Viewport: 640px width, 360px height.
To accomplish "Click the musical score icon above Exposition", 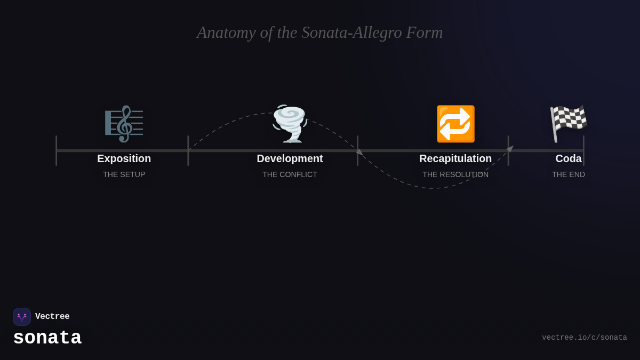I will [x=124, y=124].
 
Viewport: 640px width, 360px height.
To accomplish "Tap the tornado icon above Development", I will [x=290, y=124].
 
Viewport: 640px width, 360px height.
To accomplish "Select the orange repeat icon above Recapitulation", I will [x=455, y=124].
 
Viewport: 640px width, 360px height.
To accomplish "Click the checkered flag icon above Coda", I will [x=569, y=124].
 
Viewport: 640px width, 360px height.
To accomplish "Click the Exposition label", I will [x=124, y=158].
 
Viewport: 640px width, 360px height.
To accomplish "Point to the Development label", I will [x=290, y=158].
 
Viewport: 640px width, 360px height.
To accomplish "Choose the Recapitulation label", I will [x=455, y=158].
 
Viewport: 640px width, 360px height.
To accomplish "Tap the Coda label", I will [x=569, y=158].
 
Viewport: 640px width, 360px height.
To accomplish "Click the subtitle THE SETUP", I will [x=124, y=174].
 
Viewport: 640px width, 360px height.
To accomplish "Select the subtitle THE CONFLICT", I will [x=290, y=174].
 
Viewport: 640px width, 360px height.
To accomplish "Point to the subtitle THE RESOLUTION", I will [x=455, y=174].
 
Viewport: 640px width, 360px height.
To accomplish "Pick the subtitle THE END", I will [x=569, y=174].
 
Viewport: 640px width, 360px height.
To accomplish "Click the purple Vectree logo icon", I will [x=22, y=317].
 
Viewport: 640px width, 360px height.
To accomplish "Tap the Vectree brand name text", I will [x=52, y=317].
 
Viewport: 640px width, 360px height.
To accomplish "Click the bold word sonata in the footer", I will [x=47, y=338].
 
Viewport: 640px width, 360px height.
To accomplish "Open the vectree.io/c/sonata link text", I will [x=585, y=338].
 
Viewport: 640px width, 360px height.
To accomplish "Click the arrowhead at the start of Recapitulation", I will [x=359, y=152].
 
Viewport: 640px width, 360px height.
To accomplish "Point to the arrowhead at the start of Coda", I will [x=510, y=149].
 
